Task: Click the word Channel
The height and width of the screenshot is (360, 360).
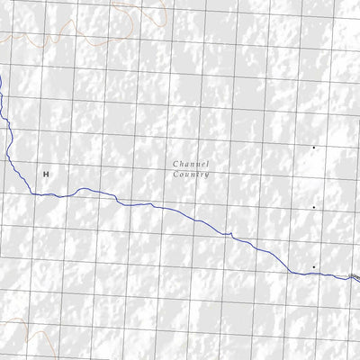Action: tap(191, 164)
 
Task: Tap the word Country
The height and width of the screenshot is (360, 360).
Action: tap(191, 175)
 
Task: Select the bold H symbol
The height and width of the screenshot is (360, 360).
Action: tap(45, 172)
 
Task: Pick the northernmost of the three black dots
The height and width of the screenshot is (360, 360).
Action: tap(313, 147)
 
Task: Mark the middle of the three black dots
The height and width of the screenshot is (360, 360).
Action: tap(313, 207)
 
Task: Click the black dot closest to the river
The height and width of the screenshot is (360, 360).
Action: tap(313, 266)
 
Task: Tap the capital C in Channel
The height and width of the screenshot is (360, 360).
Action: tap(175, 164)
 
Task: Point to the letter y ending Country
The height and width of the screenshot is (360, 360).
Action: tap(207, 175)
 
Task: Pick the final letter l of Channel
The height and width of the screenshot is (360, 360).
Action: tap(208, 164)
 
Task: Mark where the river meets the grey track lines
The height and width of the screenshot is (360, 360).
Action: tap(352, 277)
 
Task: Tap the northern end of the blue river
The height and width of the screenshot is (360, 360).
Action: tap(1, 77)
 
